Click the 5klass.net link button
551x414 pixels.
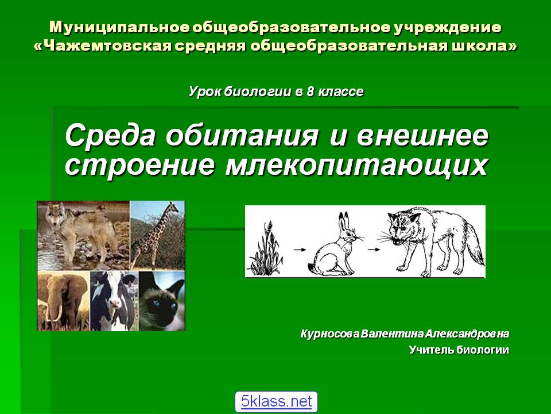(x=276, y=401)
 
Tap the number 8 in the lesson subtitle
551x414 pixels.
(x=310, y=91)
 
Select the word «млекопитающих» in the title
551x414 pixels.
(x=356, y=165)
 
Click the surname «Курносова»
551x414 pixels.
(x=330, y=333)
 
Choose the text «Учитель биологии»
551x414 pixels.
(x=459, y=350)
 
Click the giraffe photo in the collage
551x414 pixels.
(x=157, y=235)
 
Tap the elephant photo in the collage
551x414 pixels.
(x=63, y=301)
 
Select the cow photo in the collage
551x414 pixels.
(x=114, y=301)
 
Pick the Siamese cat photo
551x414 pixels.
(x=162, y=301)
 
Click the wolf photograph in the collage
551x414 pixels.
(x=83, y=235)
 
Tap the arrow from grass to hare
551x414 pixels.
(x=300, y=250)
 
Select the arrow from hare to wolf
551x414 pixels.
(x=374, y=250)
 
